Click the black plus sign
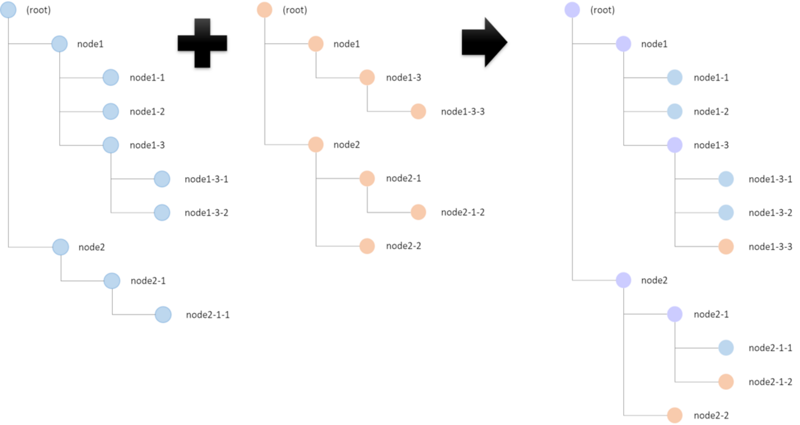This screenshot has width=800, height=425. tap(202, 43)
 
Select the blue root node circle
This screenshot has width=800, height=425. tap(8, 10)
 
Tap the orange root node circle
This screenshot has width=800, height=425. tap(264, 10)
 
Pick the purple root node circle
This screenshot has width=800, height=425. tap(572, 10)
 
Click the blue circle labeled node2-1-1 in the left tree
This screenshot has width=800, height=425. tap(162, 315)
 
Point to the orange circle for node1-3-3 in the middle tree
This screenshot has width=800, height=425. tap(418, 111)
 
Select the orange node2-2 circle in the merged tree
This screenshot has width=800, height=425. tap(675, 415)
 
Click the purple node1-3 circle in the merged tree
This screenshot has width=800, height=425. tap(675, 145)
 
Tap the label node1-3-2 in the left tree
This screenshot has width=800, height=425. tap(207, 213)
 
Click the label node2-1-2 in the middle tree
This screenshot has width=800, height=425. tap(463, 213)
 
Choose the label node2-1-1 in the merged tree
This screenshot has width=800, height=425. tap(770, 348)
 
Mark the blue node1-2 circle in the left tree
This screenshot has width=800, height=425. tap(111, 111)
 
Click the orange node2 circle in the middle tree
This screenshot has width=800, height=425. tap(316, 145)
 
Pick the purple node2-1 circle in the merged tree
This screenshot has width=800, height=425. tap(675, 314)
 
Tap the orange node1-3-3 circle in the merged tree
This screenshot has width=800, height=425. tap(726, 247)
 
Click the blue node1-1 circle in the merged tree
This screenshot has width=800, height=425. tap(675, 77)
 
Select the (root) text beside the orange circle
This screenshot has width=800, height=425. tap(295, 10)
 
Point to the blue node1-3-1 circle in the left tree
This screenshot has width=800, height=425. tap(162, 179)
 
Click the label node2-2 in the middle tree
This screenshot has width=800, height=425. tap(404, 246)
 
